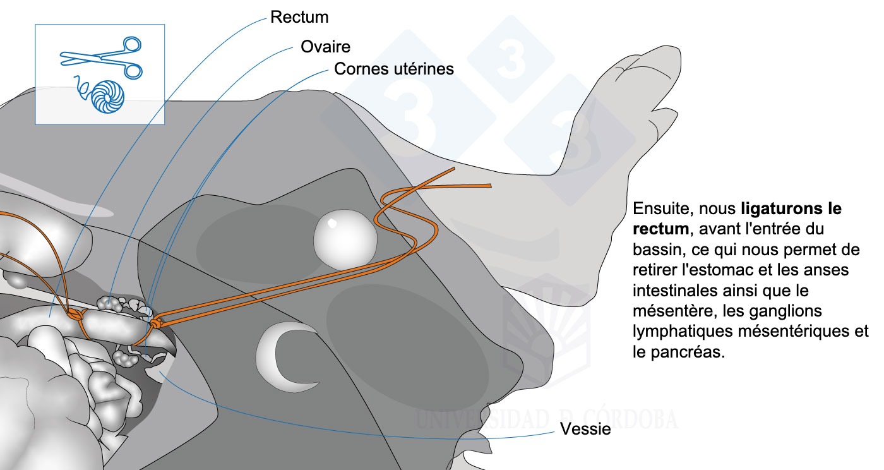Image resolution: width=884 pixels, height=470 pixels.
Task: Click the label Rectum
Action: tap(299, 17)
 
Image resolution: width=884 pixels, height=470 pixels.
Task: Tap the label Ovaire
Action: tap(325, 47)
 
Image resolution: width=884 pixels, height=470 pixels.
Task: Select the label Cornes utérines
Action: tap(393, 68)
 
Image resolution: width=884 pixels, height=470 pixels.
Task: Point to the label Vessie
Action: tap(585, 430)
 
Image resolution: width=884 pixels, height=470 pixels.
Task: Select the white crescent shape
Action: tap(280, 355)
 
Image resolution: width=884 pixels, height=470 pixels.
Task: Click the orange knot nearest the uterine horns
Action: tap(155, 323)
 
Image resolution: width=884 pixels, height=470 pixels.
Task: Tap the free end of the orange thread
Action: tap(489, 185)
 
